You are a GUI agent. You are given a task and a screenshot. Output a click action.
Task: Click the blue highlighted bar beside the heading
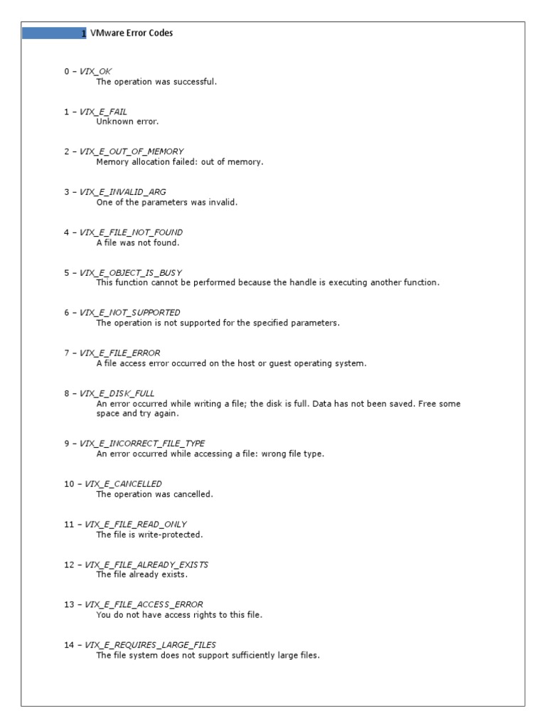[x=54, y=33]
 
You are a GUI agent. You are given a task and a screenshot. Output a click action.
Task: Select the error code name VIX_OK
[x=95, y=71]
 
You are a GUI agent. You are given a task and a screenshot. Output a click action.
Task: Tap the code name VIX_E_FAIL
[x=103, y=112]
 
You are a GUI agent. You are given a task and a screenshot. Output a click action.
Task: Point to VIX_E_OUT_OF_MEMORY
[x=132, y=151]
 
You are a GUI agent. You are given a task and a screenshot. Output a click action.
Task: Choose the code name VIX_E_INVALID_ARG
[x=122, y=192]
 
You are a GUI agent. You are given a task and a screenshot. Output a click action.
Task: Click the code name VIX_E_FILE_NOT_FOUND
[x=131, y=232]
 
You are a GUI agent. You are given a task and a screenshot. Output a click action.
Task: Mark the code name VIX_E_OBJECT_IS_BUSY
[x=131, y=272]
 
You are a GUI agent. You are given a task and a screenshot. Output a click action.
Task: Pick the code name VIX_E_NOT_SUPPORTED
[x=129, y=313]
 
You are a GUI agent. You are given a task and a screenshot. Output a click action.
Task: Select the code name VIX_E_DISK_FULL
[x=117, y=393]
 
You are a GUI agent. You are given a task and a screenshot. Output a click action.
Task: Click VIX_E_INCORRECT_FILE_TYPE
[x=142, y=444]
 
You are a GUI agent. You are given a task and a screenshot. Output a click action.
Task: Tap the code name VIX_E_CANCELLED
[x=123, y=484]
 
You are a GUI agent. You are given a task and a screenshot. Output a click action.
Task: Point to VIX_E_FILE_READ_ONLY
[x=136, y=525]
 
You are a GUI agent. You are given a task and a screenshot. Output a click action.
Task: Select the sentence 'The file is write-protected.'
[x=149, y=535]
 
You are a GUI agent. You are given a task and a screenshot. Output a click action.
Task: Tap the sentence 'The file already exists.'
[x=141, y=574]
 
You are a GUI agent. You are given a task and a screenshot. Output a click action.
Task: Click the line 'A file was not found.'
[x=138, y=242]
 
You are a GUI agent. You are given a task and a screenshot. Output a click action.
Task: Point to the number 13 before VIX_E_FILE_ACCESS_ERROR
[x=69, y=605]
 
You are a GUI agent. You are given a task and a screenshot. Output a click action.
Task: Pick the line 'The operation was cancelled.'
[x=154, y=494]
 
